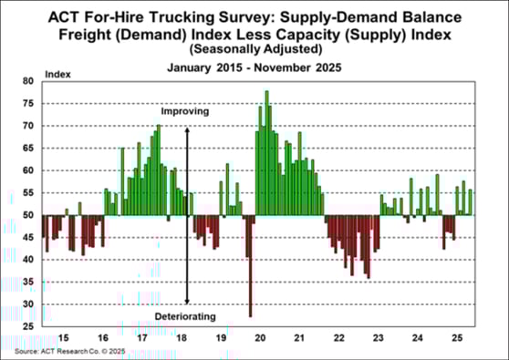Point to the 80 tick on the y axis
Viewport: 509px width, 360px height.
(x=27, y=81)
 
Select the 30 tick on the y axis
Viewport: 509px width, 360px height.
(x=27, y=304)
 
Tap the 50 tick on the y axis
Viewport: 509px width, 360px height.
(x=27, y=215)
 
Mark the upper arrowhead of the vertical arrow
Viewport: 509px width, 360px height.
(x=187, y=129)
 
